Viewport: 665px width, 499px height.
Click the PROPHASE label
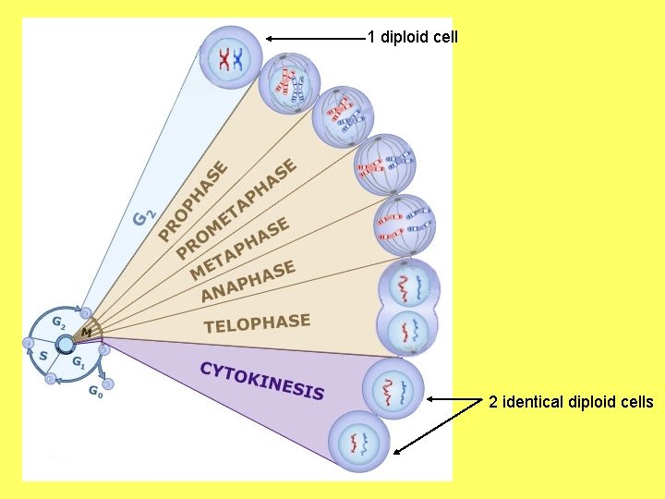(x=193, y=201)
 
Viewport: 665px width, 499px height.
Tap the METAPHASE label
(x=240, y=248)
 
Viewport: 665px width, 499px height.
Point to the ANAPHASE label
(x=248, y=281)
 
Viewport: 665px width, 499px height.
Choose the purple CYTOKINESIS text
(x=262, y=380)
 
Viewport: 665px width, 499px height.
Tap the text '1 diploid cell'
(x=412, y=38)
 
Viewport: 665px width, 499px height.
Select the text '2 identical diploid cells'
(x=571, y=401)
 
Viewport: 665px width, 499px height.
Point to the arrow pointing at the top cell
(x=314, y=38)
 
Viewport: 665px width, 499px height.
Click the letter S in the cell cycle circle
(x=42, y=354)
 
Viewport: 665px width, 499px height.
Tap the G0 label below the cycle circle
(x=95, y=390)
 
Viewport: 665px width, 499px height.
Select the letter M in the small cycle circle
(x=85, y=331)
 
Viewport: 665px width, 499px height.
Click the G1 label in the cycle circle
(x=79, y=363)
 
